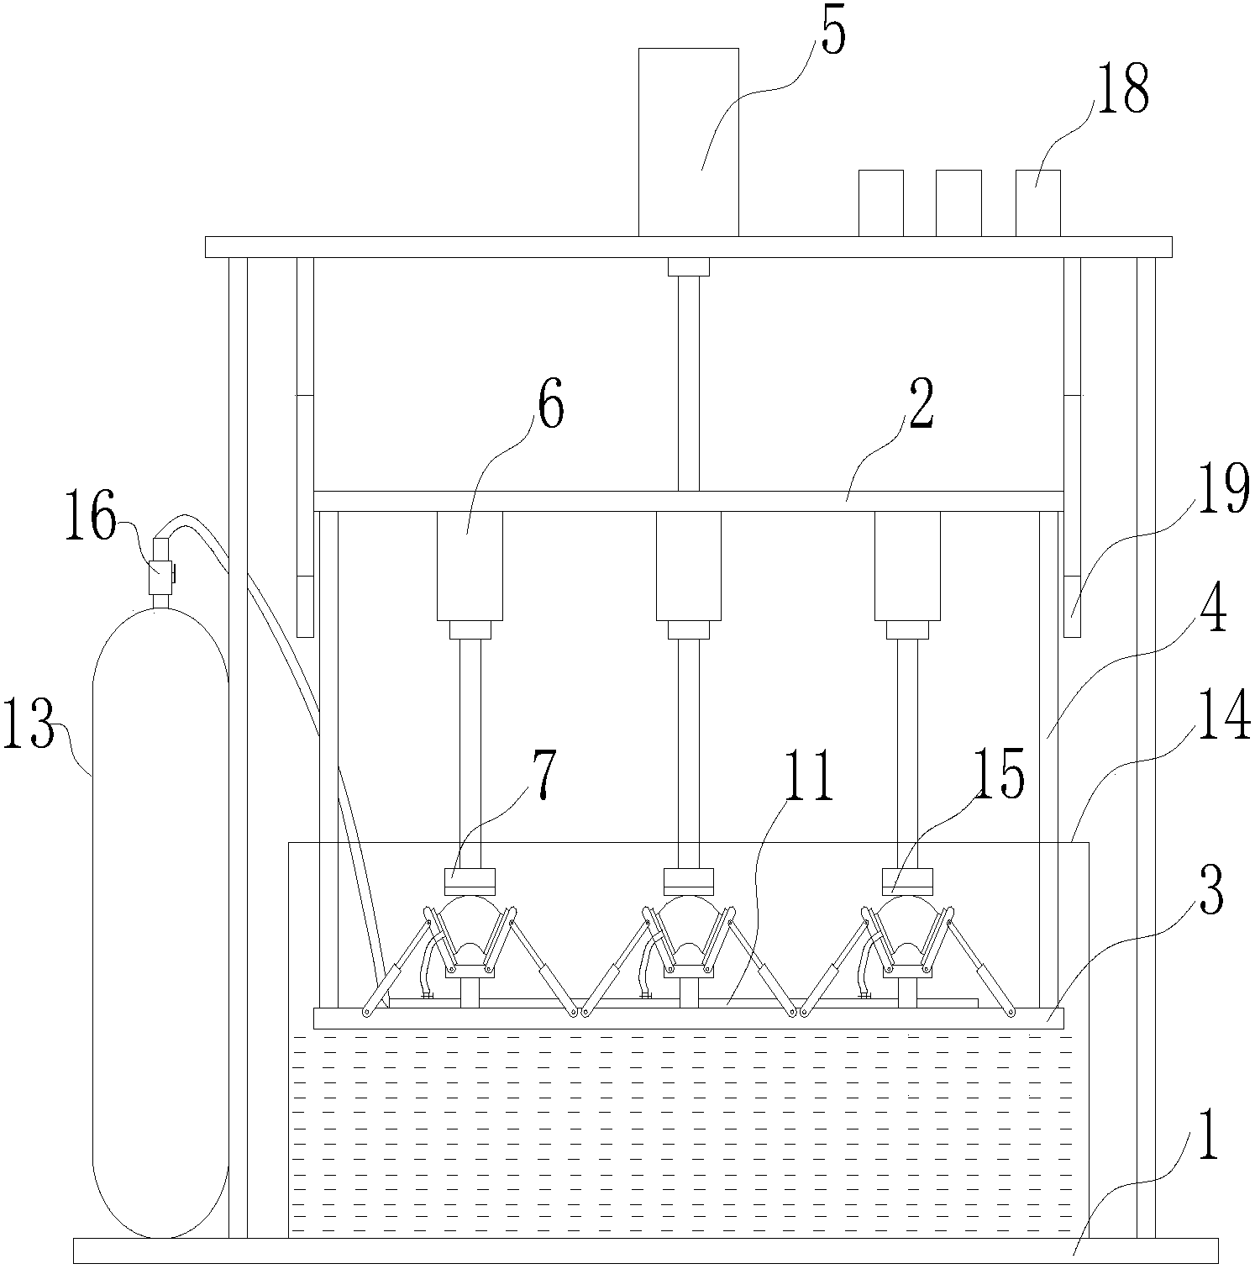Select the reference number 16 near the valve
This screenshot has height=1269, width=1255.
(x=92, y=520)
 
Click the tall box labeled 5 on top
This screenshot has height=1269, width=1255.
(x=688, y=142)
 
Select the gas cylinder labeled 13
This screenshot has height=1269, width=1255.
(x=160, y=924)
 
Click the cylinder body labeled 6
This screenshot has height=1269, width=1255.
(x=470, y=566)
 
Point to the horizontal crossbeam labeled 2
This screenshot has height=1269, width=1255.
(x=688, y=501)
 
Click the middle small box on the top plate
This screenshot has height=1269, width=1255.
(x=958, y=203)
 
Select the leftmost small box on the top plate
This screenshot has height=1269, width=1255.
(x=880, y=203)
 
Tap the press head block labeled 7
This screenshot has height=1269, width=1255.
(x=470, y=882)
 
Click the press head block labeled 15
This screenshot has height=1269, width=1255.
(x=907, y=882)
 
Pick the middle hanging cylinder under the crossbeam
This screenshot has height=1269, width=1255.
(x=688, y=566)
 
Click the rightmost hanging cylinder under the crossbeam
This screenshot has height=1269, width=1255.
(x=907, y=566)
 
